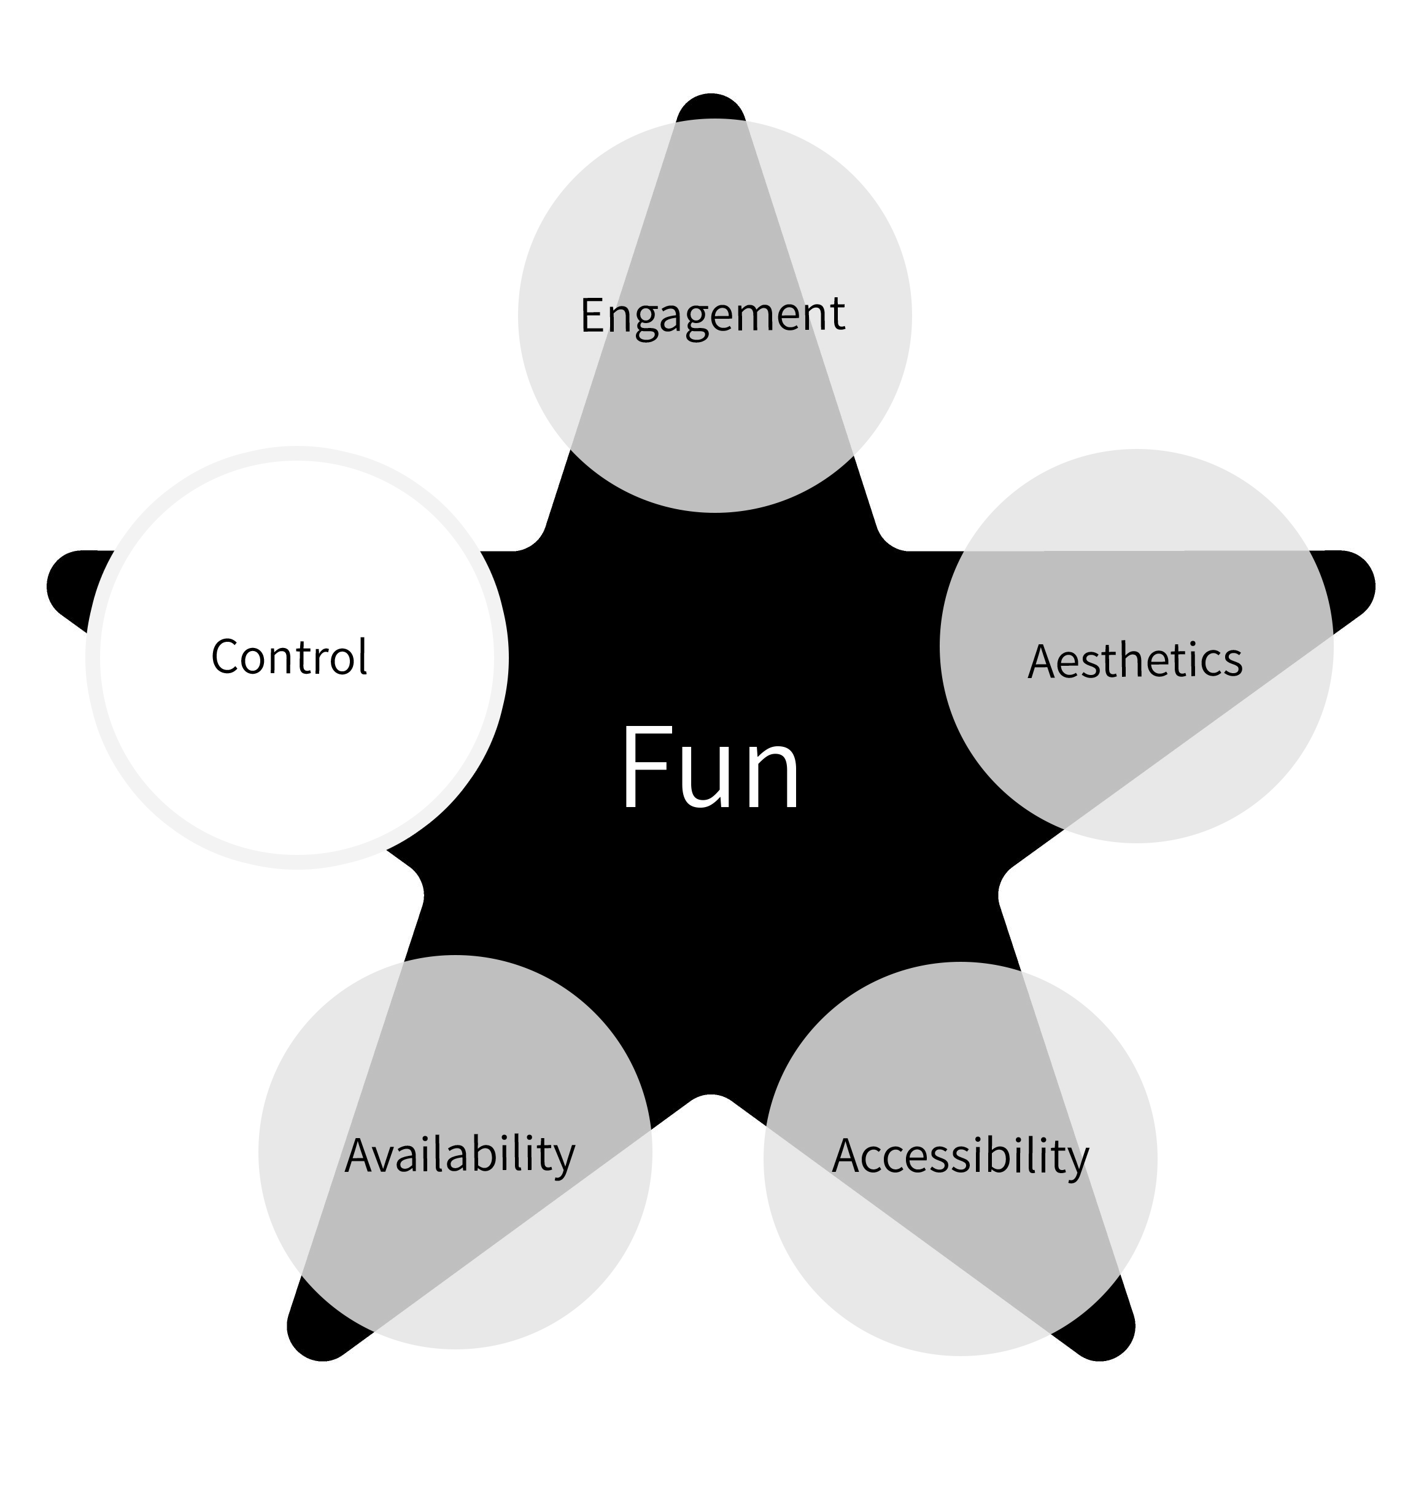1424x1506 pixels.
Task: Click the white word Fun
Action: pyautogui.click(x=711, y=768)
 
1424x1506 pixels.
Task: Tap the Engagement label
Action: pyautogui.click(x=712, y=314)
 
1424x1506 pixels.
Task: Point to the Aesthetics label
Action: pyautogui.click(x=1135, y=660)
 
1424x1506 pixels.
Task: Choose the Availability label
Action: pyautogui.click(x=460, y=1156)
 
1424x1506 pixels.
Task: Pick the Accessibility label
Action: pyautogui.click(x=960, y=1157)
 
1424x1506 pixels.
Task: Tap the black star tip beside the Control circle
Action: pyautogui.click(x=68, y=587)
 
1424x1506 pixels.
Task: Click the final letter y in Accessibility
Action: pyautogui.click(x=1077, y=1162)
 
